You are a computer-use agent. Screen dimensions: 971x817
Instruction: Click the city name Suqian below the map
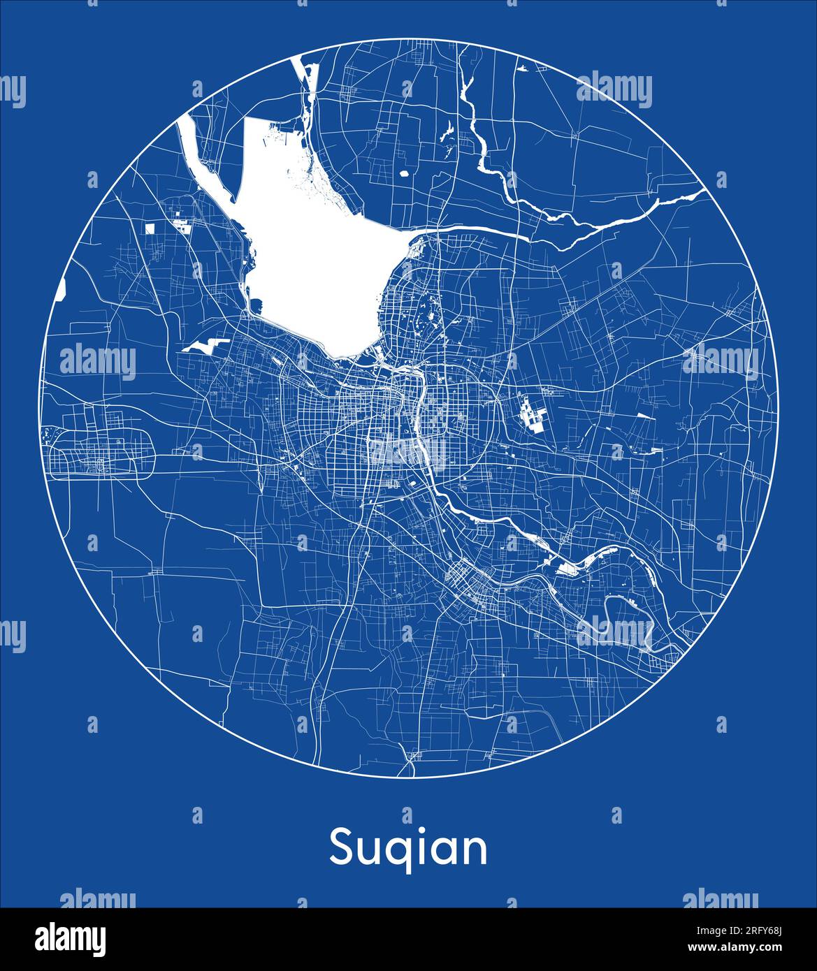click(x=408, y=848)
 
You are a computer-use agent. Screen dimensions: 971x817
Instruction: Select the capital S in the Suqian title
click(x=342, y=847)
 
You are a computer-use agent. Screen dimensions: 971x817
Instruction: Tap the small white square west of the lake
click(x=150, y=227)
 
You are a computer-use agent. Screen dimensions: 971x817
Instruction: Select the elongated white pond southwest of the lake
click(x=206, y=344)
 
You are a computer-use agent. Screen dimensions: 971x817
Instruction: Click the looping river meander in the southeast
click(x=629, y=615)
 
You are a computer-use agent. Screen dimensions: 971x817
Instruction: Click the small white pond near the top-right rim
click(x=522, y=68)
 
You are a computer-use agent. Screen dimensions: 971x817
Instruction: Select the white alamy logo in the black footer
click(x=70, y=938)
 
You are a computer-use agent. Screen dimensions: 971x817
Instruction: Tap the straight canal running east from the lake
click(x=475, y=229)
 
